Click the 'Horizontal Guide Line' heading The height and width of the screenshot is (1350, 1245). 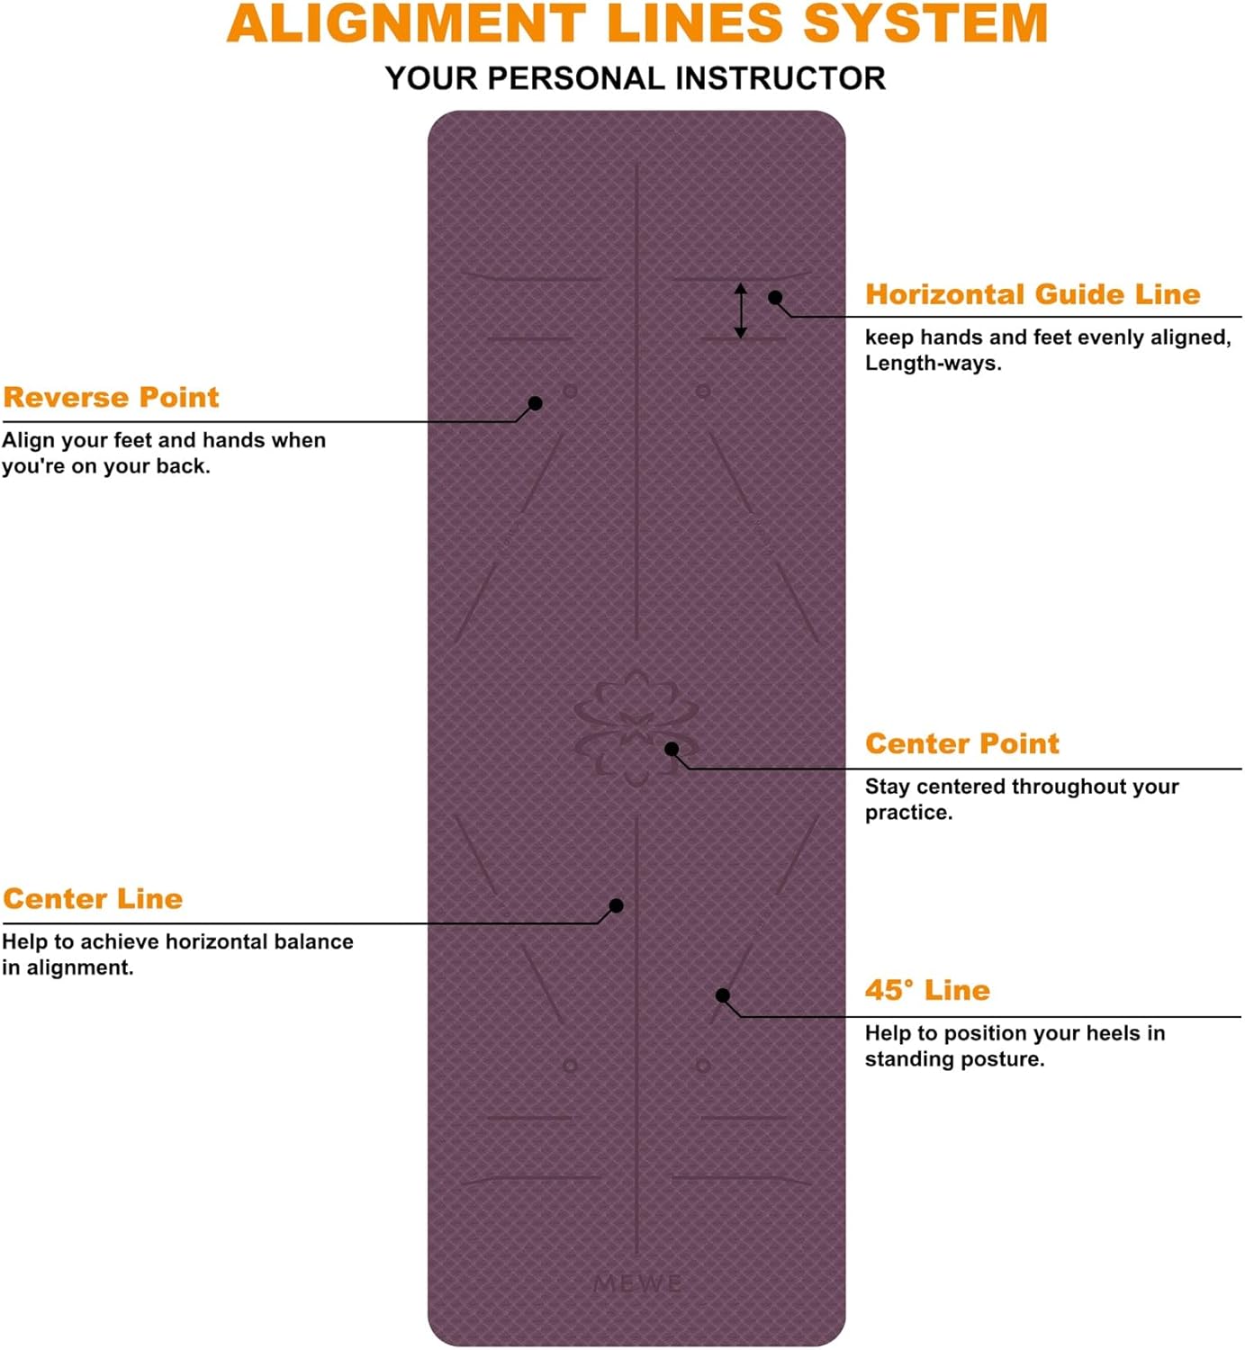(1033, 294)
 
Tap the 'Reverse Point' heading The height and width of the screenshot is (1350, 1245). (111, 397)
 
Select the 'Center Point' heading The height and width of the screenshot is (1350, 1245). (961, 743)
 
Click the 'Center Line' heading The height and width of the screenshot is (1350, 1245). (93, 898)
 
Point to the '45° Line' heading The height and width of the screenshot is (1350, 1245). (927, 990)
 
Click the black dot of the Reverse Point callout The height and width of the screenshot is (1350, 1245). (535, 403)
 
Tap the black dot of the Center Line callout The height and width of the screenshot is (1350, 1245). (616, 906)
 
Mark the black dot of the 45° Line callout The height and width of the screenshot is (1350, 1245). (723, 995)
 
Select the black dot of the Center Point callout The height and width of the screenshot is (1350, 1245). (672, 749)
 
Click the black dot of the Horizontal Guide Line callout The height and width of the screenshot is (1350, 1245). (775, 298)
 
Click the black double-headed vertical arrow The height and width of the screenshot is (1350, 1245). (740, 310)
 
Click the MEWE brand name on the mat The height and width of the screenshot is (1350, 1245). (637, 1283)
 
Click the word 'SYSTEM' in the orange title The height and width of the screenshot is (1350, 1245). (925, 23)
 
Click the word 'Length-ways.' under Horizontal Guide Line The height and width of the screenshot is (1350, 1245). (933, 364)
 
